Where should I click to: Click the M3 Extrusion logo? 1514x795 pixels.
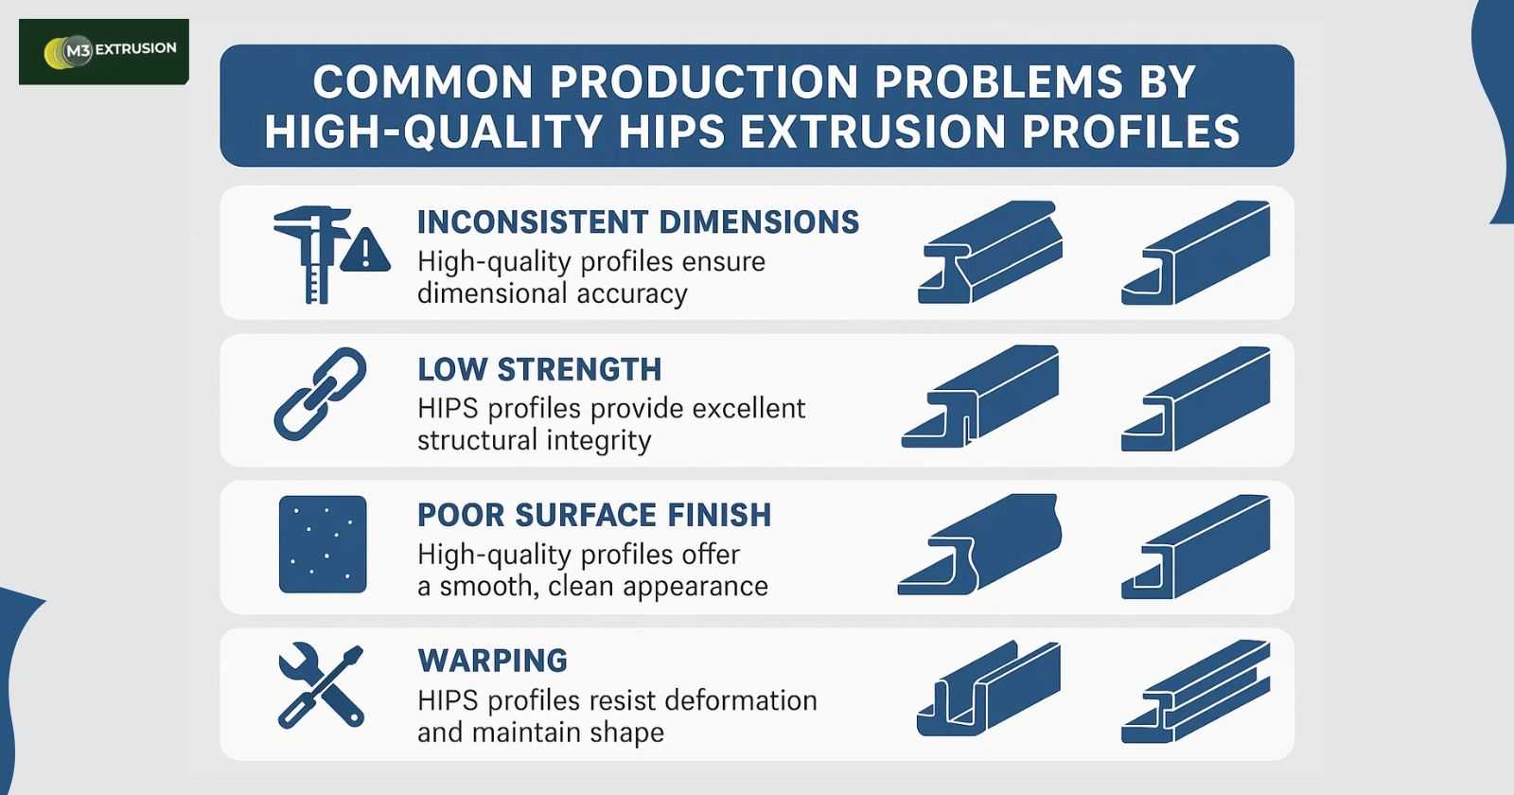[x=103, y=51]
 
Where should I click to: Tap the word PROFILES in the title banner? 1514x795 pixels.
[x=1131, y=132]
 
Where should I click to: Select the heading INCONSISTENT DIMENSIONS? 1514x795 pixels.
[x=638, y=221]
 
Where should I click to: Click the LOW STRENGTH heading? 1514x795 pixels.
[x=539, y=369]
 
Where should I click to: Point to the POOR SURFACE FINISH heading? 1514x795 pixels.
[x=594, y=515]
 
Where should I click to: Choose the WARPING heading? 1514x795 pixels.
[x=493, y=661]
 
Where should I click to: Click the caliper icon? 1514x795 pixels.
[x=312, y=255]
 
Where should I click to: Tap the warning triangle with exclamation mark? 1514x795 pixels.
[x=365, y=250]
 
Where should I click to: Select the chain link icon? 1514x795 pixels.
[x=321, y=394]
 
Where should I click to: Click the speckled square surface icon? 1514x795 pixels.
[x=323, y=544]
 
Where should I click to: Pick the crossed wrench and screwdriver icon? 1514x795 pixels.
[x=321, y=685]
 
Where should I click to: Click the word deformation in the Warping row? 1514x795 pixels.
[x=742, y=700]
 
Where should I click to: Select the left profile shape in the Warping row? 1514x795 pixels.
[x=989, y=688]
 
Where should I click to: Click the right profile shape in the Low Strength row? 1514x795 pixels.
[x=1196, y=398]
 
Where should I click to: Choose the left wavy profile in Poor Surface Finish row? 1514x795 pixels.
[x=979, y=544]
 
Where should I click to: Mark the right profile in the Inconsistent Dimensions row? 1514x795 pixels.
[x=1196, y=252]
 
